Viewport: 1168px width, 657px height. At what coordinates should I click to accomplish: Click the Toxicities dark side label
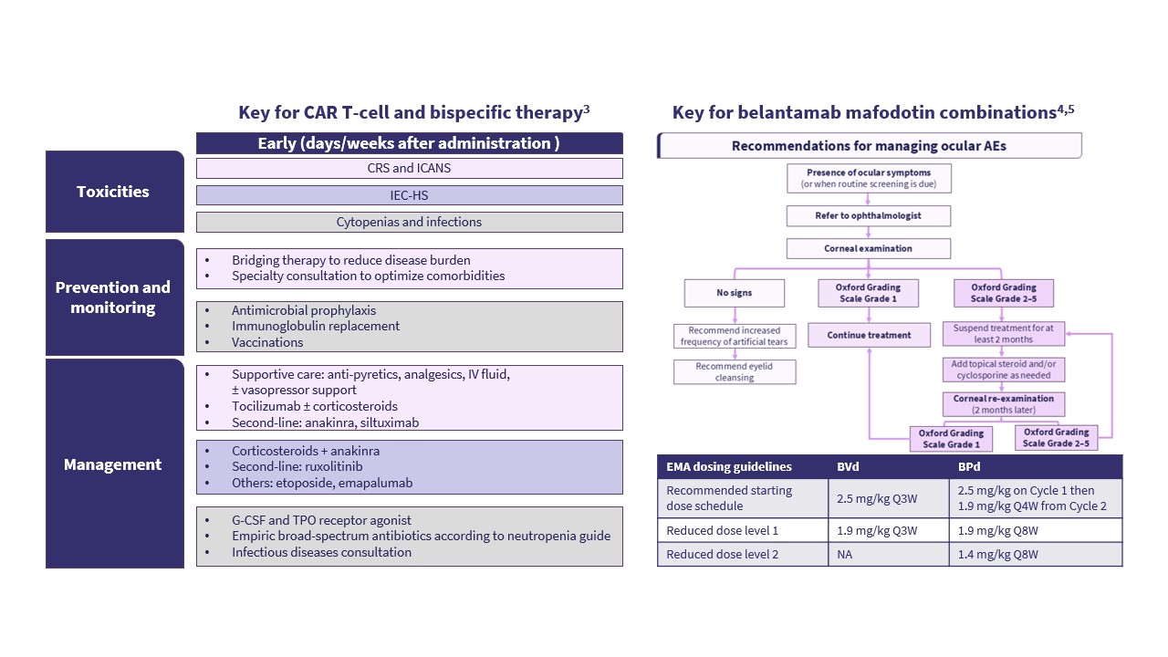pyautogui.click(x=114, y=192)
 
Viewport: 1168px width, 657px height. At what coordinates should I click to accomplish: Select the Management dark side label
pyautogui.click(x=114, y=464)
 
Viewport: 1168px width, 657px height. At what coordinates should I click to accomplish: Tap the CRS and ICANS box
pyautogui.click(x=409, y=168)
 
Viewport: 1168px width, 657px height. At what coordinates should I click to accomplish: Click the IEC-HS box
pyautogui.click(x=409, y=195)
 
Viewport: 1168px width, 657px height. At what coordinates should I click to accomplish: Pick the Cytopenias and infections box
pyautogui.click(x=409, y=222)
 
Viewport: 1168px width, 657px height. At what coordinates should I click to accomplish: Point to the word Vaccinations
pyautogui.click(x=267, y=342)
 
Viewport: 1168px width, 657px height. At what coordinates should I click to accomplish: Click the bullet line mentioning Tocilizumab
pyautogui.click(x=314, y=406)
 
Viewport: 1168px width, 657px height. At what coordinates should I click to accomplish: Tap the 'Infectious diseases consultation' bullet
pyautogui.click(x=321, y=552)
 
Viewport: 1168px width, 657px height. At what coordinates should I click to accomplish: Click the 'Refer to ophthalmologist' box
pyautogui.click(x=868, y=216)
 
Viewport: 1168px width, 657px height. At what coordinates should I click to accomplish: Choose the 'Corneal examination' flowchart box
pyautogui.click(x=868, y=248)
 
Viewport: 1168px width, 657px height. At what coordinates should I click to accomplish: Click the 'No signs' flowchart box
pyautogui.click(x=735, y=293)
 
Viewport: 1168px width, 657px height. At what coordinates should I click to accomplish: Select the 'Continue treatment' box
pyautogui.click(x=869, y=335)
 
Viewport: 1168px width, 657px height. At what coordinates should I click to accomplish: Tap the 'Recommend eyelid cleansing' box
pyautogui.click(x=735, y=371)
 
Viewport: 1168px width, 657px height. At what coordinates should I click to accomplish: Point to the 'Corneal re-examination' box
pyautogui.click(x=1003, y=404)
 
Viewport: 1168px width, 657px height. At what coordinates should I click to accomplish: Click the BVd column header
pyautogui.click(x=849, y=466)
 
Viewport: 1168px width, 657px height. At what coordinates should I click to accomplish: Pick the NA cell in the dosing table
pyautogui.click(x=844, y=554)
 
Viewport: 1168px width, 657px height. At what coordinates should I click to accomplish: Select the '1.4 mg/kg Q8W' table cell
pyautogui.click(x=998, y=554)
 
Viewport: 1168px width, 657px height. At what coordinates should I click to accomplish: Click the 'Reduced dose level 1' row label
pyautogui.click(x=723, y=530)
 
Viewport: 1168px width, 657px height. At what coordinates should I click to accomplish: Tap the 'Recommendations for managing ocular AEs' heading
pyautogui.click(x=869, y=146)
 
